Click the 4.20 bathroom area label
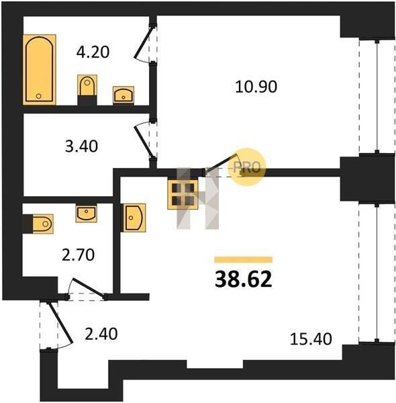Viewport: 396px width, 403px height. pyautogui.click(x=93, y=52)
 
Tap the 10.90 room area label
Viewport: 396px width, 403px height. pyautogui.click(x=256, y=87)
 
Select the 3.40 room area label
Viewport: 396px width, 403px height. pyautogui.click(x=81, y=146)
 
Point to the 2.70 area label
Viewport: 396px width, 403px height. pyautogui.click(x=79, y=255)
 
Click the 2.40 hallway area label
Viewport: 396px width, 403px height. pyautogui.click(x=101, y=334)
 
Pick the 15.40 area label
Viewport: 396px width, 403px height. pyautogui.click(x=311, y=339)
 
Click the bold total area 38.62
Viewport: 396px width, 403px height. pyautogui.click(x=243, y=279)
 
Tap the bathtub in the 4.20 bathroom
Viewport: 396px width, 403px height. pyautogui.click(x=40, y=70)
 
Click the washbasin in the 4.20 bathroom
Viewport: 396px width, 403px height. pyautogui.click(x=123, y=95)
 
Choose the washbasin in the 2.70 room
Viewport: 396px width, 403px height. pyautogui.click(x=87, y=213)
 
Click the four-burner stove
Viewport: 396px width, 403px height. pyautogui.click(x=183, y=193)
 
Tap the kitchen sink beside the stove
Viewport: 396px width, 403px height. pyautogui.click(x=134, y=218)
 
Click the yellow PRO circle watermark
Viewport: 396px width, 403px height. pyautogui.click(x=246, y=167)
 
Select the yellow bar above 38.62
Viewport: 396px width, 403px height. pyautogui.click(x=243, y=259)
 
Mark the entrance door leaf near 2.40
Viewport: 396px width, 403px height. pyautogui.click(x=60, y=322)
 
